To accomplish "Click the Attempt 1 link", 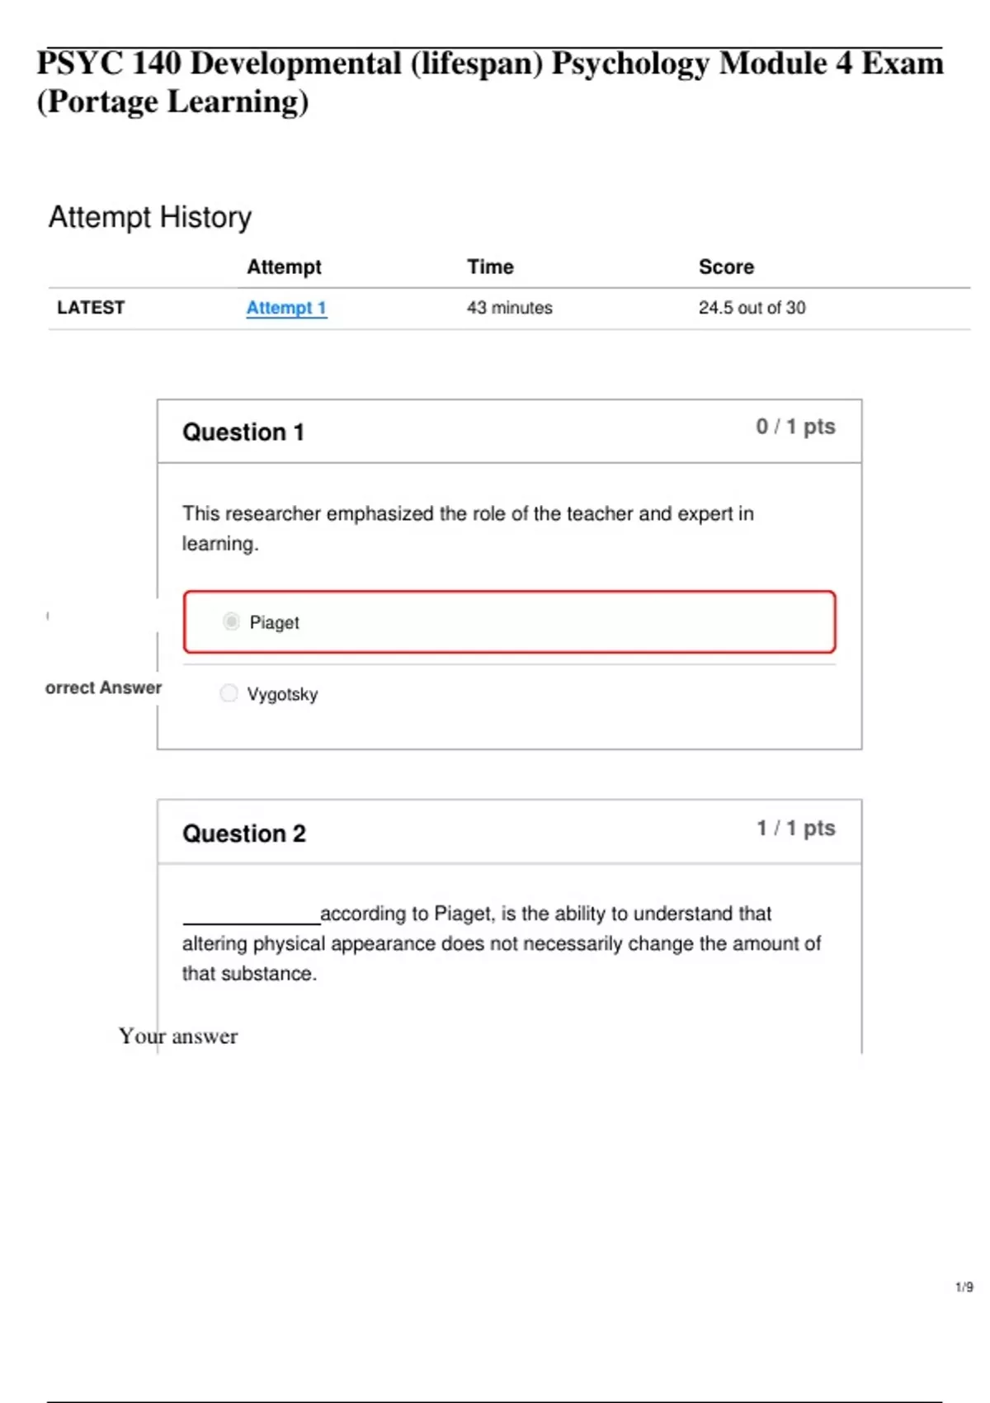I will [x=286, y=308].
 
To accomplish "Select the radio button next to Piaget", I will [x=231, y=621].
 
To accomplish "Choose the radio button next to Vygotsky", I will [x=229, y=693].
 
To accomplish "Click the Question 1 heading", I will [x=243, y=432].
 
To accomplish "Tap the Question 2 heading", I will [x=244, y=834].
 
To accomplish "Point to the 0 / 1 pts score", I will [x=795, y=427].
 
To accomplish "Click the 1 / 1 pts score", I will [x=795, y=828].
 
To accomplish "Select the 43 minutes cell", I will [x=509, y=308].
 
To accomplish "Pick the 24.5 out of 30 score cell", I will [x=752, y=308].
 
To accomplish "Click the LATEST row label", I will [x=91, y=308].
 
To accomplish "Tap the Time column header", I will [x=490, y=267].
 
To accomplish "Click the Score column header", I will [x=726, y=267].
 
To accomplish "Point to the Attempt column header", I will [x=284, y=267].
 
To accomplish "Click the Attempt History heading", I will [x=150, y=217].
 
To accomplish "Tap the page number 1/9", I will [x=964, y=1287].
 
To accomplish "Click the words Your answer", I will [x=178, y=1036].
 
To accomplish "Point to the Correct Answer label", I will [x=103, y=687].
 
